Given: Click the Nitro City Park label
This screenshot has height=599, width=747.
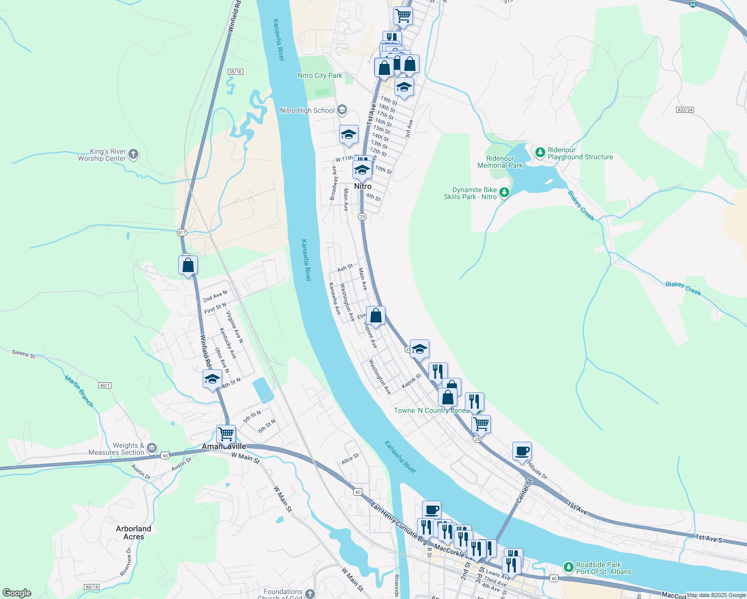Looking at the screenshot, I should click(x=320, y=75).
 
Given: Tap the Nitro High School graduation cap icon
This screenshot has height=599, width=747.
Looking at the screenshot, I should click(x=342, y=110).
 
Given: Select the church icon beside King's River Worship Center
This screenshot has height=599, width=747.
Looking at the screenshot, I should click(x=133, y=154).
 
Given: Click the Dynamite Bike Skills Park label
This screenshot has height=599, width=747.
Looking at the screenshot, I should click(x=470, y=193).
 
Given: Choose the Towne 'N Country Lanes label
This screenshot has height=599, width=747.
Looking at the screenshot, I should click(x=431, y=410).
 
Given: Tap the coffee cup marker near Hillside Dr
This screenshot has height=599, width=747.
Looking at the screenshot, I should click(x=522, y=452).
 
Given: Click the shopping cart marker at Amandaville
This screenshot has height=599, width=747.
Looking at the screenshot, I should click(x=226, y=434).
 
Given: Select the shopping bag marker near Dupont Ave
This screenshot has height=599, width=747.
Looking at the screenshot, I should click(x=375, y=316).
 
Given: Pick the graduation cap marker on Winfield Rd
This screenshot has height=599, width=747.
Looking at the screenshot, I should click(x=212, y=379).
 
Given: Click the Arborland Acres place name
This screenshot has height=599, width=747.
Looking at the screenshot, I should click(x=133, y=533).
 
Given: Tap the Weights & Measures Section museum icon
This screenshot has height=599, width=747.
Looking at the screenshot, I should click(x=152, y=448).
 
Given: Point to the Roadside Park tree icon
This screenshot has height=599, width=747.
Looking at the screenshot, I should click(x=568, y=568).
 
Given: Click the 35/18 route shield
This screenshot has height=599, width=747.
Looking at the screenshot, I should click(x=235, y=72).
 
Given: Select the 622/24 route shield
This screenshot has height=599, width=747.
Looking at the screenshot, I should click(x=686, y=110).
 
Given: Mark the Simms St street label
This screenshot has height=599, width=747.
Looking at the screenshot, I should click(x=23, y=353).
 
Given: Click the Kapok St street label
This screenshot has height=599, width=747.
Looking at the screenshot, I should click(x=411, y=381).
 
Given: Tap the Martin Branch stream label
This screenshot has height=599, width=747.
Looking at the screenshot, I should click(x=79, y=391).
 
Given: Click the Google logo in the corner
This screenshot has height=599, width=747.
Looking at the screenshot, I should click(x=17, y=593).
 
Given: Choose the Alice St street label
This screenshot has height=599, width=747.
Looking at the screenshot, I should click(x=350, y=459).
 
